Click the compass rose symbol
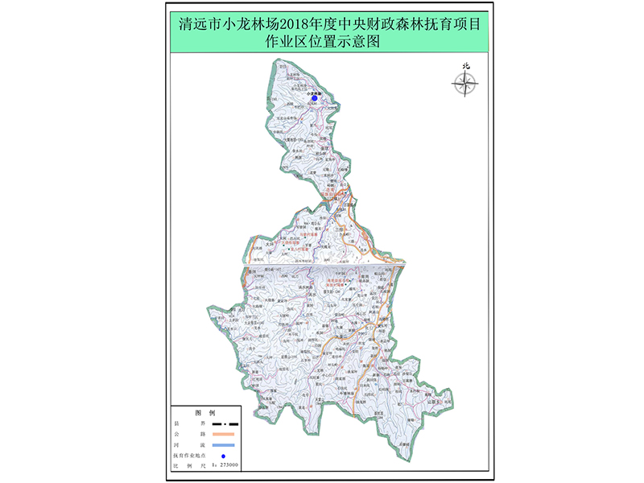point(465,83)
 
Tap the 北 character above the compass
point(465,67)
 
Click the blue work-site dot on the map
point(326,98)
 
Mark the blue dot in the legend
point(224,456)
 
